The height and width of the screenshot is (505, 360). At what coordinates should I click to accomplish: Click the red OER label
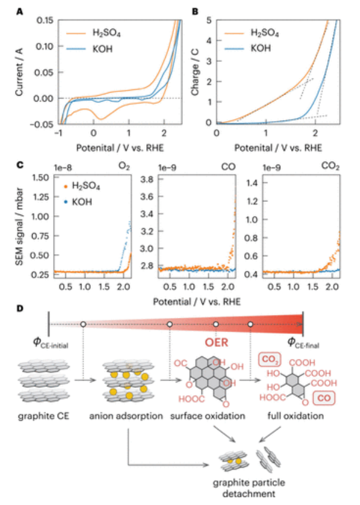pos(217,344)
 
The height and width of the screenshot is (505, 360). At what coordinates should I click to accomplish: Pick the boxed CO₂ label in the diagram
pos(270,360)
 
